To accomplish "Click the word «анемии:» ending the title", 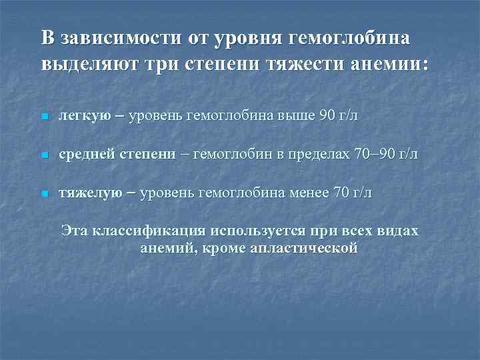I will click(393, 66).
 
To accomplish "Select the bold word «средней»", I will click(87, 155).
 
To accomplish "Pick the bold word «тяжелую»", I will click(90, 193).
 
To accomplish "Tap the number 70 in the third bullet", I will click(341, 193).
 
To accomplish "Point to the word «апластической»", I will click(306, 248).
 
